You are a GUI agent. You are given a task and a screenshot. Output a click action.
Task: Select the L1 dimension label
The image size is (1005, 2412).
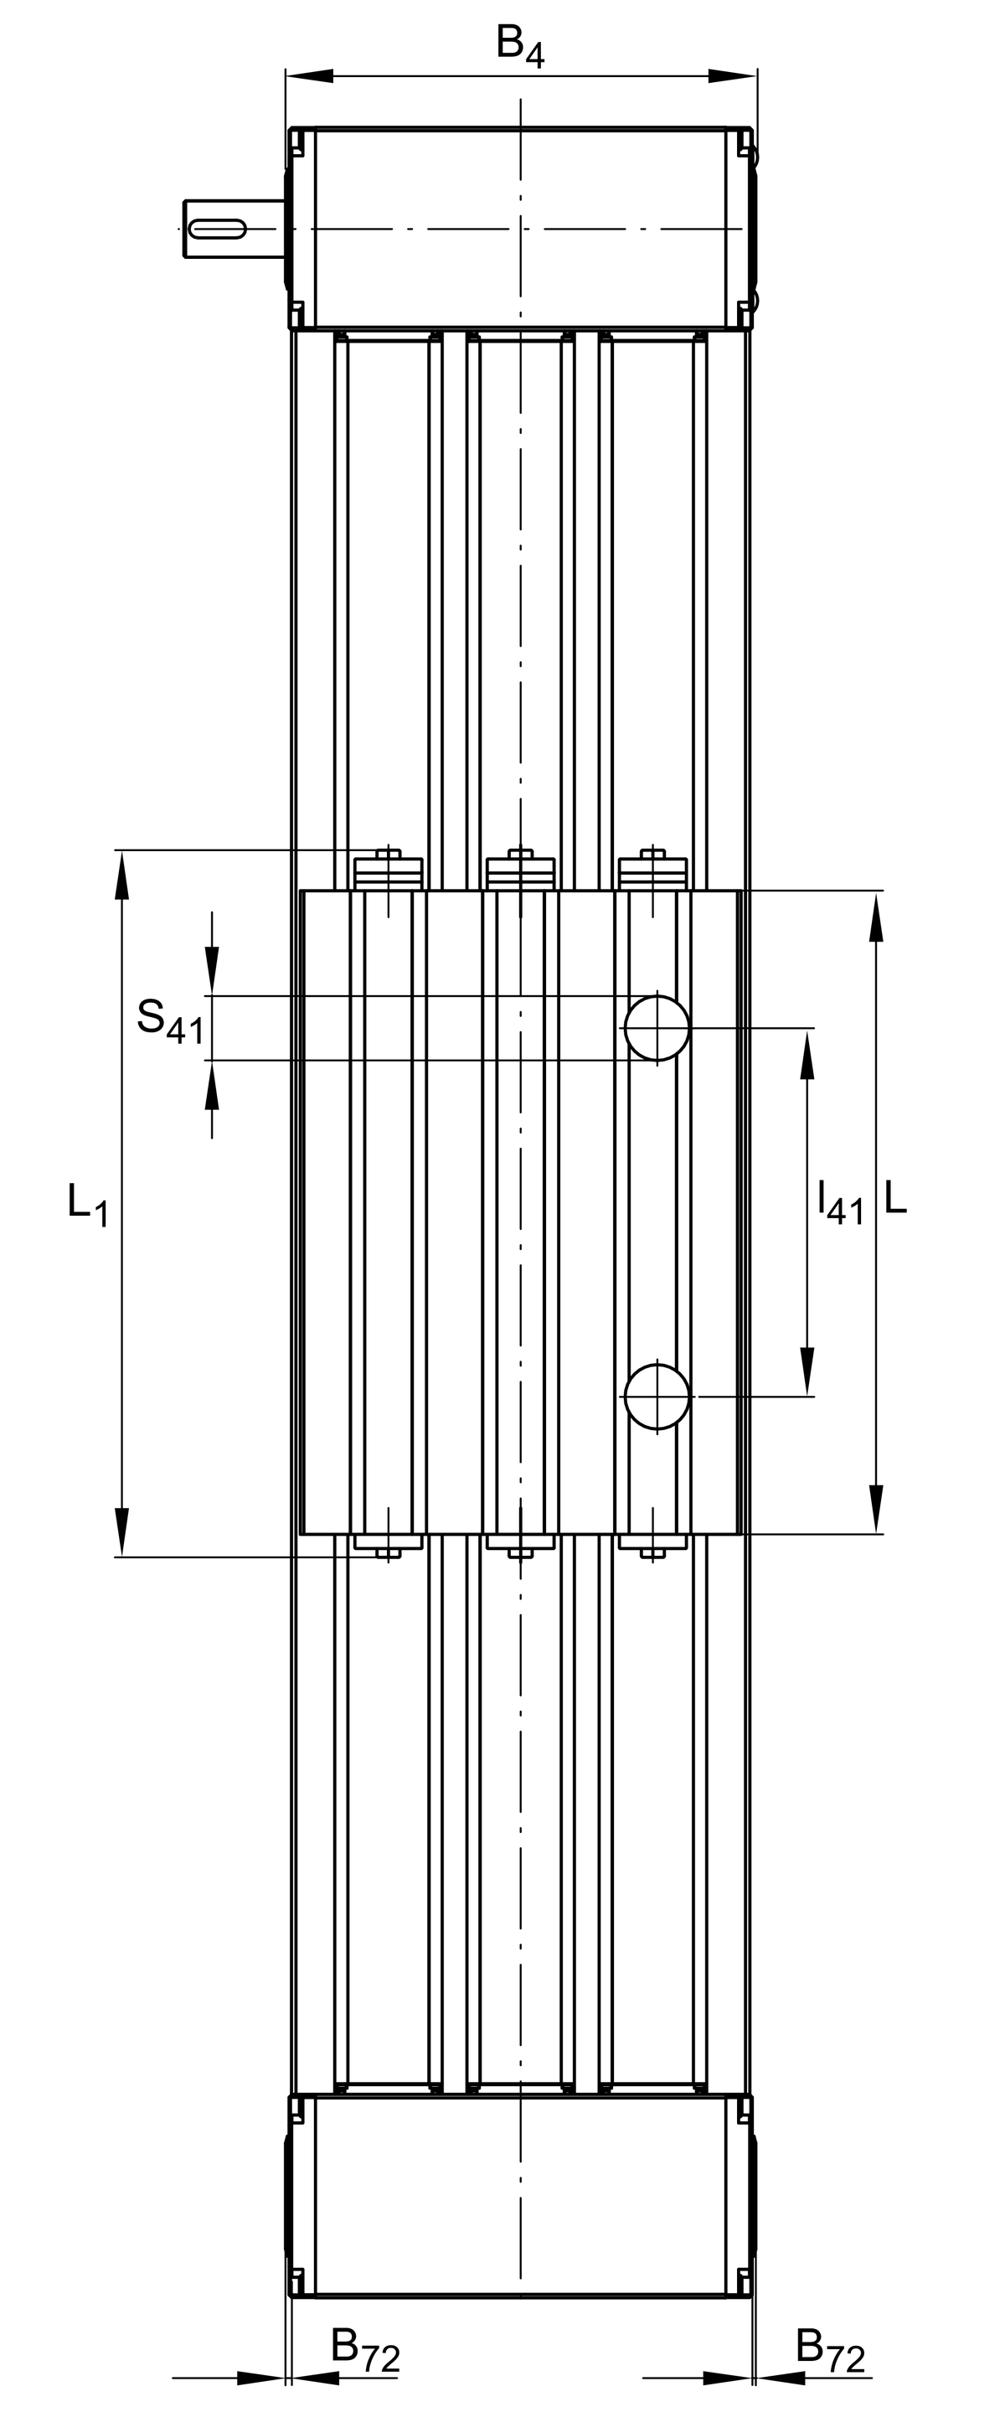pos(89,1203)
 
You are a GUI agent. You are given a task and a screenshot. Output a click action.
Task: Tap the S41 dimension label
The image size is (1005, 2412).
pos(170,1020)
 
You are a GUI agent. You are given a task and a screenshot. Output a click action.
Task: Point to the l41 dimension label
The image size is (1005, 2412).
pos(839,1202)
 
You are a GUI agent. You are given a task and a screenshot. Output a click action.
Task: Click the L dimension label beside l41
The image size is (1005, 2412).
pos(894,1197)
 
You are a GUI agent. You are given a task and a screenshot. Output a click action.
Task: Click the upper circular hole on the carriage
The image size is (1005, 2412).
pos(657,1028)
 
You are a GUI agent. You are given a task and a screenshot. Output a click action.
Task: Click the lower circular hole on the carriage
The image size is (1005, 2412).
pos(657,1397)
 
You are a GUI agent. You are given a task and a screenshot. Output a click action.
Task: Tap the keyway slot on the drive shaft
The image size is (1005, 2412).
pos(217,229)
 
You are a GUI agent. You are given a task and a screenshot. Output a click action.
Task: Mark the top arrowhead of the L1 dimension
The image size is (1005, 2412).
pos(121,875)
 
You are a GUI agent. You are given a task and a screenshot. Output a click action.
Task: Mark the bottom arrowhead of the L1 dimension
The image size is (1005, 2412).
pos(121,1531)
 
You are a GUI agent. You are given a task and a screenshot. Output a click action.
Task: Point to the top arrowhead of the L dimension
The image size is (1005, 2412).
pos(876,917)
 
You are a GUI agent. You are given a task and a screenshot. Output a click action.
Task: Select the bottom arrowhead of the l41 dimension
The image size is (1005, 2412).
pos(807,1371)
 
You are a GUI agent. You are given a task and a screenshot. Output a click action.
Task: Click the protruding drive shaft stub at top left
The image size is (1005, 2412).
pos(234,229)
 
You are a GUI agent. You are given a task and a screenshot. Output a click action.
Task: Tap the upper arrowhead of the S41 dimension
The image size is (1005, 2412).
pos(213,969)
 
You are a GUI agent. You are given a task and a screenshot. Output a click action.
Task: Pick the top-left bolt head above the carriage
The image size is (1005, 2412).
pos(389,855)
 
